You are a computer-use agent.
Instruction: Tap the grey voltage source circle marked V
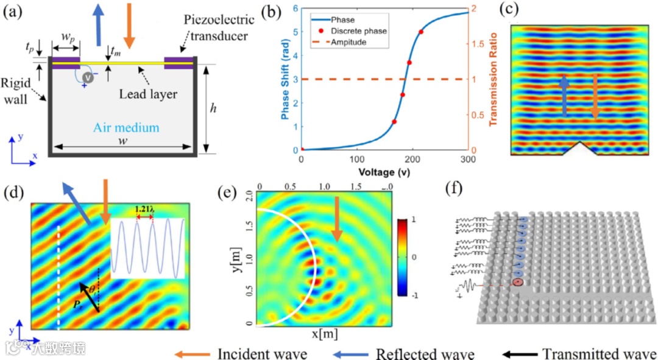tap(89, 77)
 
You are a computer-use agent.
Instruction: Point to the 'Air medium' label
tap(126, 128)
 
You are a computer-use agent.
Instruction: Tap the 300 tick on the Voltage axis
tap(467, 159)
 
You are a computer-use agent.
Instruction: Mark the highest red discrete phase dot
tap(421, 32)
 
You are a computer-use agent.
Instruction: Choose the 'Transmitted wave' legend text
tap(600, 353)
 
